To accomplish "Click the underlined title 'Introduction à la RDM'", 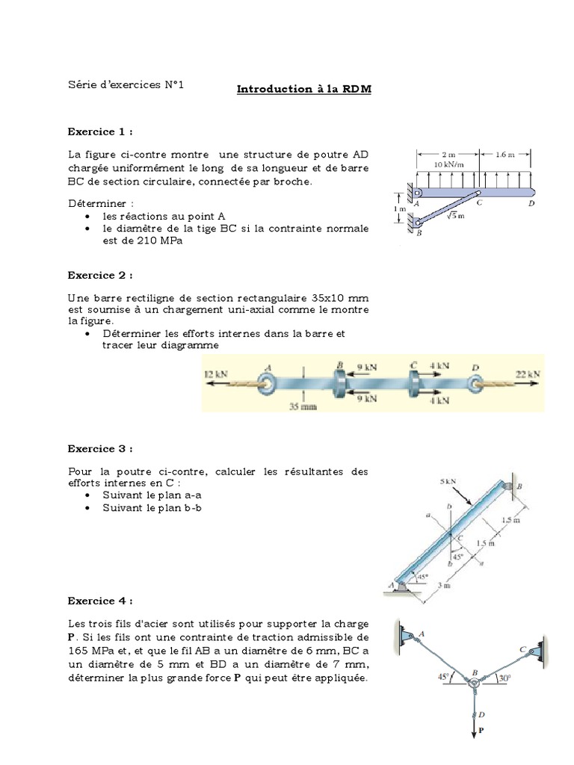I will (x=304, y=90).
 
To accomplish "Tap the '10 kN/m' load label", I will (x=448, y=164).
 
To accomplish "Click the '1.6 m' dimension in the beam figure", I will (x=505, y=155).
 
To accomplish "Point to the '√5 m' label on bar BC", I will (x=456, y=216).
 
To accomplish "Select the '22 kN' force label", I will (x=528, y=372).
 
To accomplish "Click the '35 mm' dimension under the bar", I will (x=303, y=407).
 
